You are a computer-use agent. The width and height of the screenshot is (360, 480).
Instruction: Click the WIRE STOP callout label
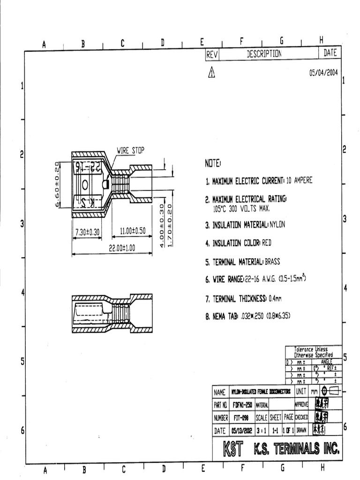131,150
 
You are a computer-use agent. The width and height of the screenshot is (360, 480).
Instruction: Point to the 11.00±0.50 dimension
133,231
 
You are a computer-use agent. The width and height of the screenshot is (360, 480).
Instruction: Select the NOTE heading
212,164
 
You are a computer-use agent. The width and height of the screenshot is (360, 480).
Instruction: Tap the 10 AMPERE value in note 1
299,180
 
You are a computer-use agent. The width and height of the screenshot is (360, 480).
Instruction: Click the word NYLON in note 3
277,225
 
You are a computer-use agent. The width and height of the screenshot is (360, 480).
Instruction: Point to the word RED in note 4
266,243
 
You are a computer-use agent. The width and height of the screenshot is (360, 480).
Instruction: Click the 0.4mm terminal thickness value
275,298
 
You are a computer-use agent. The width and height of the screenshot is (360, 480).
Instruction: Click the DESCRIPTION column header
264,54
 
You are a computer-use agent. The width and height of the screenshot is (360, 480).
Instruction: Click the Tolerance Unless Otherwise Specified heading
313,352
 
